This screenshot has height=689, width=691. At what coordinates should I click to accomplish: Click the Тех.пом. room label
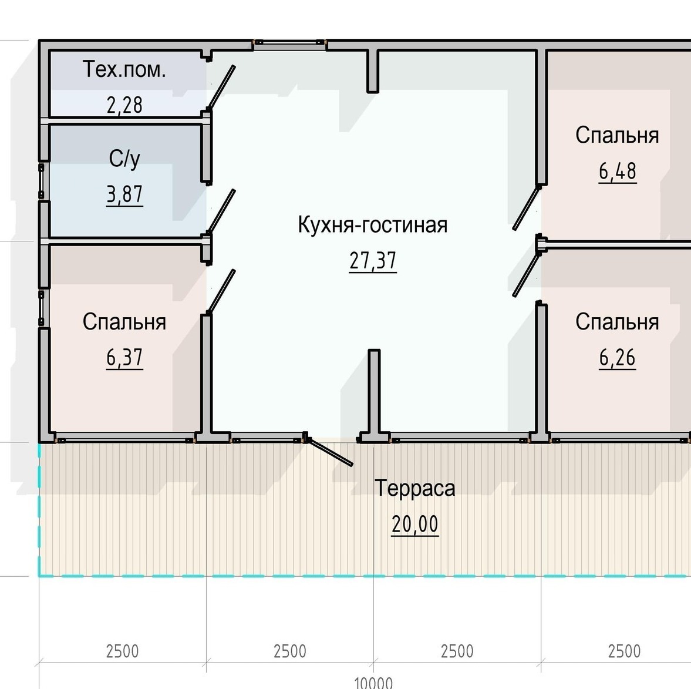[124, 69]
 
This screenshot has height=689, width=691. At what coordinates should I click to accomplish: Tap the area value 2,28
[124, 105]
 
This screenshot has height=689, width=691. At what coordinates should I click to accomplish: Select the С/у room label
[124, 159]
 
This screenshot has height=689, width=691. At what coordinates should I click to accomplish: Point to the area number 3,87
[124, 194]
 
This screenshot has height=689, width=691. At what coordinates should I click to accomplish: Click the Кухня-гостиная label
[373, 224]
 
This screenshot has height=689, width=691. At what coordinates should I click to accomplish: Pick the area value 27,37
[373, 261]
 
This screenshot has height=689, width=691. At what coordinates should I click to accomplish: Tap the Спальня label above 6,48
[617, 135]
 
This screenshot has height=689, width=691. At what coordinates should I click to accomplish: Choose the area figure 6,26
[617, 358]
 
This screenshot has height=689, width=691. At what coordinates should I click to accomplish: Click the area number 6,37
[124, 358]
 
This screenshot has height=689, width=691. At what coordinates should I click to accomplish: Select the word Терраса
[414, 488]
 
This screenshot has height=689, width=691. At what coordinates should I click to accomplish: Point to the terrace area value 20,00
[414, 524]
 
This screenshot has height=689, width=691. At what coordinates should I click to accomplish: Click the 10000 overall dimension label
[373, 683]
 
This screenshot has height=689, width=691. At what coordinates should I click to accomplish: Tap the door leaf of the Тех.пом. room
[221, 87]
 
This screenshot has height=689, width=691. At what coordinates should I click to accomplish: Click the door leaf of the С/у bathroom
[221, 211]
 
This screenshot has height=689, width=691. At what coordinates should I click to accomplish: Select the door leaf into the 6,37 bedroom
[221, 291]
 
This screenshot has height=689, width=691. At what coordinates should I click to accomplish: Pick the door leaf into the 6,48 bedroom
[527, 208]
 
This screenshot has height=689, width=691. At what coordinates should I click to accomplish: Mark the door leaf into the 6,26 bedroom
[527, 275]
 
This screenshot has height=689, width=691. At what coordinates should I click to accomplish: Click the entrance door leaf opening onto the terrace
[329, 451]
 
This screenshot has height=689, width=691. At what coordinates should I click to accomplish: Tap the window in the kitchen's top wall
[289, 42]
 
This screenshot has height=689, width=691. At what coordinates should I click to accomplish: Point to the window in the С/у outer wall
[42, 181]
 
